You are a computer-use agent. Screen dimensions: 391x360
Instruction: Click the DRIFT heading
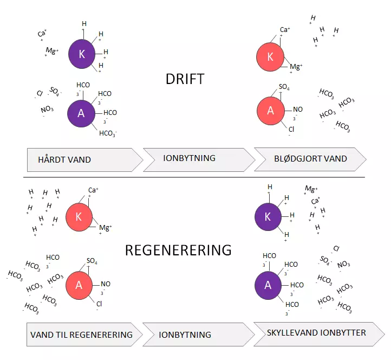[x=185, y=79]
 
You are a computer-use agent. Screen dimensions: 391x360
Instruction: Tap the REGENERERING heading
[x=178, y=250]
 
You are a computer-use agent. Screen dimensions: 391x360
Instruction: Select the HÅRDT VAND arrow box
[x=85, y=160]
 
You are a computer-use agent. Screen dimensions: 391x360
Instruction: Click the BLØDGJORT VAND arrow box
[x=310, y=159]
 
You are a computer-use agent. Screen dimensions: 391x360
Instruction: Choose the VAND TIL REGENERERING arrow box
[x=84, y=335]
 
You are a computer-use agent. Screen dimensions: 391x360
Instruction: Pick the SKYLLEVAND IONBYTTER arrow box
[x=319, y=334]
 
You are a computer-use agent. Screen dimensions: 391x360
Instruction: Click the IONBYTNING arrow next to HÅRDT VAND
[x=199, y=160]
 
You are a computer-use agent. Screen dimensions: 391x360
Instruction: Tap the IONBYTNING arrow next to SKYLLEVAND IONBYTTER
[x=199, y=335]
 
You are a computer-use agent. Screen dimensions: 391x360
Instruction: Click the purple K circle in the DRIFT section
[x=82, y=54]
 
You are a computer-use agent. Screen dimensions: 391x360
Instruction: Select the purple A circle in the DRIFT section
[x=81, y=113]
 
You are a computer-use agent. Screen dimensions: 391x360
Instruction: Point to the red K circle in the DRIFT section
[x=270, y=57]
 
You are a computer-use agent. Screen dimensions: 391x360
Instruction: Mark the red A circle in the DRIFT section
[x=271, y=111]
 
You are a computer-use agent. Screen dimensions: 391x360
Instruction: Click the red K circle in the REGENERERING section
[x=79, y=217]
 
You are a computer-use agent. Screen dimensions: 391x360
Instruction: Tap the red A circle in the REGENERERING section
[x=79, y=285]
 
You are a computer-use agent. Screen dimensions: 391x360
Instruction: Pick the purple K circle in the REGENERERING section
[x=268, y=217]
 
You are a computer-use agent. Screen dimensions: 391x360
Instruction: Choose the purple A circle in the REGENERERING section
[x=268, y=285]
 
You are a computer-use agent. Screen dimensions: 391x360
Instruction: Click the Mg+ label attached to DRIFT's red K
[x=296, y=67]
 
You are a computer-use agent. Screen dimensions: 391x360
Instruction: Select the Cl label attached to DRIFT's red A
[x=291, y=130]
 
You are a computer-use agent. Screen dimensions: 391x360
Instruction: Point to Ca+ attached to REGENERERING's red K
[x=93, y=190]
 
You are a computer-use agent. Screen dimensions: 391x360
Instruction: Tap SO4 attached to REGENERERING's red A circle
[x=92, y=261]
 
